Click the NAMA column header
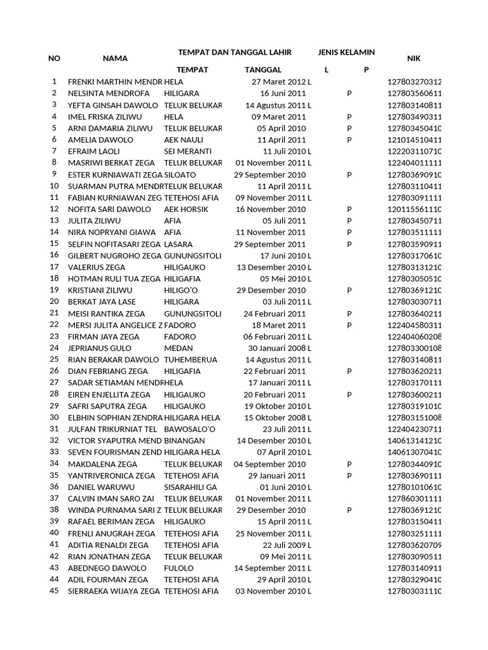(115, 58)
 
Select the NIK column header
(413, 58)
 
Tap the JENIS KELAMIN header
(346, 52)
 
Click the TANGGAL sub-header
(262, 70)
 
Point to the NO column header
(54, 58)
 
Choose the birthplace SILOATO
(180, 175)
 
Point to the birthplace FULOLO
(178, 568)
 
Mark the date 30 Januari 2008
(276, 348)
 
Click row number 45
(54, 591)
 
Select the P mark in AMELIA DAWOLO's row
(349, 140)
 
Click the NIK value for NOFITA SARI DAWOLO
(414, 209)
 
